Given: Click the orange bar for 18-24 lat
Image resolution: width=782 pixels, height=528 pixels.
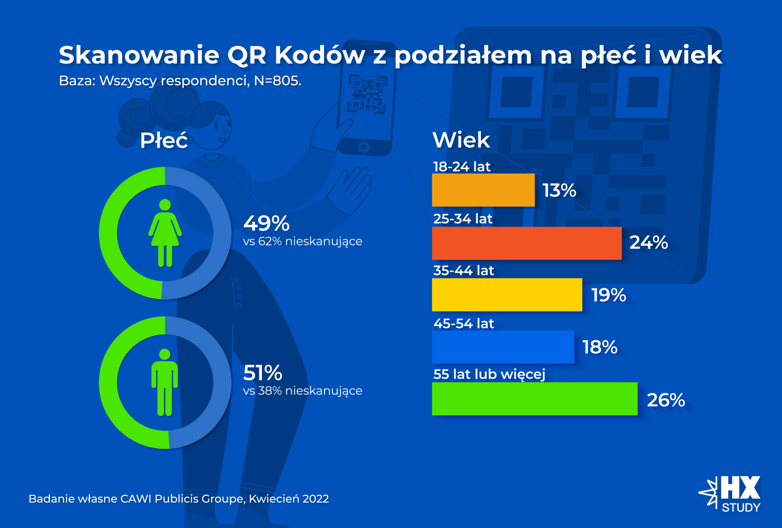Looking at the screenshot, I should point(483,190).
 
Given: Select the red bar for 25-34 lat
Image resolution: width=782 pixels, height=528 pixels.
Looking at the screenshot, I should point(526,243).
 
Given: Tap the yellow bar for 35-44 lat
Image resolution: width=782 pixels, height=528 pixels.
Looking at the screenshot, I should point(507,295).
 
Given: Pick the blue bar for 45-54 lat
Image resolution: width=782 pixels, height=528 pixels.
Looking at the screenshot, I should point(503,347).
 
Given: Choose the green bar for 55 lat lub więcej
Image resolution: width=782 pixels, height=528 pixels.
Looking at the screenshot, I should point(535,399).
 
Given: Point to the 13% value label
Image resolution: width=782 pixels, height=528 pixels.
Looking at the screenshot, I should point(559,190).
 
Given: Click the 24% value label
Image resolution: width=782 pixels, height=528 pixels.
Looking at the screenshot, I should point(649,242).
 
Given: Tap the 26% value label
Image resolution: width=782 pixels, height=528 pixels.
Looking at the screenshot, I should point(666,400).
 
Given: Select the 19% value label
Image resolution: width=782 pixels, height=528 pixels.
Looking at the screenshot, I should point(608,295).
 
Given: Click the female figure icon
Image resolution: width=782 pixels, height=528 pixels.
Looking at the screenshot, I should point(165,233).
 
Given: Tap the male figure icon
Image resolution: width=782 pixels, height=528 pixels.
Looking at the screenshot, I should point(165,382).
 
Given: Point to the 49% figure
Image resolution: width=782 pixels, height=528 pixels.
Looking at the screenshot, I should point(266,223).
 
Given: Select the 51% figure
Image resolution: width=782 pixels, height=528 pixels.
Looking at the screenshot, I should point(262,373).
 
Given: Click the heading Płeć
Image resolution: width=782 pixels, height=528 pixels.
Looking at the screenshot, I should point(164,141).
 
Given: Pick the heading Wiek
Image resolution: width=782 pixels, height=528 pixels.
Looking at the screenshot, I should point(461,140).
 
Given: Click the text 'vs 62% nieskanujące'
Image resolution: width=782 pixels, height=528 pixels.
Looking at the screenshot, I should point(303,242).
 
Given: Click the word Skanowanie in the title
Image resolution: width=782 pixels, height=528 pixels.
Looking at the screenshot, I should point(139,55).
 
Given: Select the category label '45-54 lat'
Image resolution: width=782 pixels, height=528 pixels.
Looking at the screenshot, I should point(463,323).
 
